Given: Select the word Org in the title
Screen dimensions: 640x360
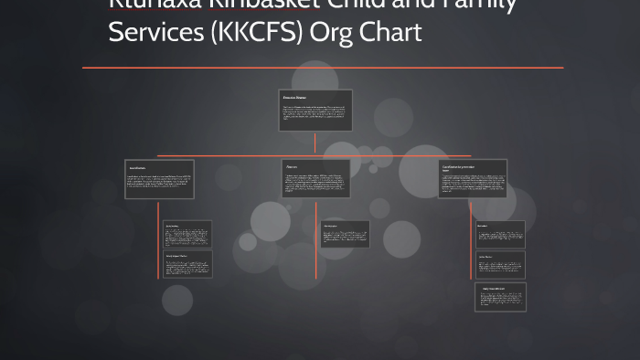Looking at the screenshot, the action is [334, 32].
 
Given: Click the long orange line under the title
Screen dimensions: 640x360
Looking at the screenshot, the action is [323, 68].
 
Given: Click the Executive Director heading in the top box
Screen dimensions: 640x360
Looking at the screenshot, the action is [294, 97].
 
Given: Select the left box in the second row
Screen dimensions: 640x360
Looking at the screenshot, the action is [159, 179].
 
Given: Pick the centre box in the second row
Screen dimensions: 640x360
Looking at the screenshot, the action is [316, 179].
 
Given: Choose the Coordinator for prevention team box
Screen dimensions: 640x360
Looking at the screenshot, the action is [473, 179].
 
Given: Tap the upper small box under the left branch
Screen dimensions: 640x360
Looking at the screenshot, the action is [187, 233].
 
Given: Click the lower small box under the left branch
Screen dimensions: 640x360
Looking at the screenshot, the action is [187, 264].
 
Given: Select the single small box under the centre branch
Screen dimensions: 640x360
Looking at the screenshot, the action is [345, 234].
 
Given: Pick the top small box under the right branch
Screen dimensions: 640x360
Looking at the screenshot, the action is [500, 234].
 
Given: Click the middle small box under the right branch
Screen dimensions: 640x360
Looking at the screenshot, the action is [500, 265].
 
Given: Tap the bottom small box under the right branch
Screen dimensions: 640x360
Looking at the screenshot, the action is [500, 297].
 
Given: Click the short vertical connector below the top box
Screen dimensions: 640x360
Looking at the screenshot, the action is [315, 143].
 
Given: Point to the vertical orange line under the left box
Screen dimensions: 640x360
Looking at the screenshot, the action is [159, 238].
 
